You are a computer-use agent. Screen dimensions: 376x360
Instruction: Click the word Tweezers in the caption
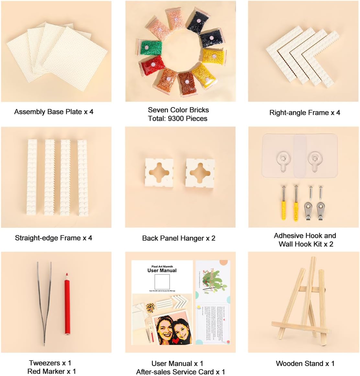[x=44, y=363]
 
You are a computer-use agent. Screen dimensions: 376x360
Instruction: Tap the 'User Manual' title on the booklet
[x=162, y=271]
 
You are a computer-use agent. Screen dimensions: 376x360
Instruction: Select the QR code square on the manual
[x=162, y=282]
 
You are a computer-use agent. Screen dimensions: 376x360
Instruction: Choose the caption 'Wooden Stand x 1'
[x=305, y=364]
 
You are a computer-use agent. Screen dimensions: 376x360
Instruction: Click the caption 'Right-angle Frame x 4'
[x=305, y=113]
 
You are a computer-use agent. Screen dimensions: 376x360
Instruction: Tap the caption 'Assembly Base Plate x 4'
[x=54, y=112]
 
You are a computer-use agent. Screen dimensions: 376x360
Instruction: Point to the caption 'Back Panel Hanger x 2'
[x=179, y=238]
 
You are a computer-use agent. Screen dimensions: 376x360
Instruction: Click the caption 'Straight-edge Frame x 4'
[x=53, y=238]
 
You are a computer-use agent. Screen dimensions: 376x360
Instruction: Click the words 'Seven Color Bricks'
[x=178, y=110]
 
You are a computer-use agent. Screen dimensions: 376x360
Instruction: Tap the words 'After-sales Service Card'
[x=175, y=372]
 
